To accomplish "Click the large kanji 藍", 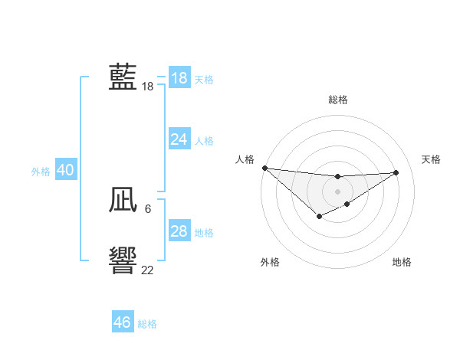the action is (123, 77).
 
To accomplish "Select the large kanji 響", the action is (123, 261).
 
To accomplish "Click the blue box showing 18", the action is (179, 78).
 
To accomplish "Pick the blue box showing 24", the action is (179, 139).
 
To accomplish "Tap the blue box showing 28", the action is (179, 231).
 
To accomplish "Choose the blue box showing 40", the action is (65, 171).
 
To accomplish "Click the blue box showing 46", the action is (123, 322).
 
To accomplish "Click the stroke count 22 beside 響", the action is (147, 270).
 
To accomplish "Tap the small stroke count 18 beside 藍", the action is (147, 87).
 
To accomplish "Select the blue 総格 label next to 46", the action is (147, 324).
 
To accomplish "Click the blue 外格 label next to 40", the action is (41, 172).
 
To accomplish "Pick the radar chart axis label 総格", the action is (337, 100).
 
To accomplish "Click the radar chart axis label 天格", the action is (432, 159).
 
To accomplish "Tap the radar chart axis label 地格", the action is (402, 262).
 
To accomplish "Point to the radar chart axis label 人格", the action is (245, 159).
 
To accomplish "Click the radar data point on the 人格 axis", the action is (264, 168).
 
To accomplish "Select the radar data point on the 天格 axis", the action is (396, 172).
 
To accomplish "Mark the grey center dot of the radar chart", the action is (337, 191).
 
